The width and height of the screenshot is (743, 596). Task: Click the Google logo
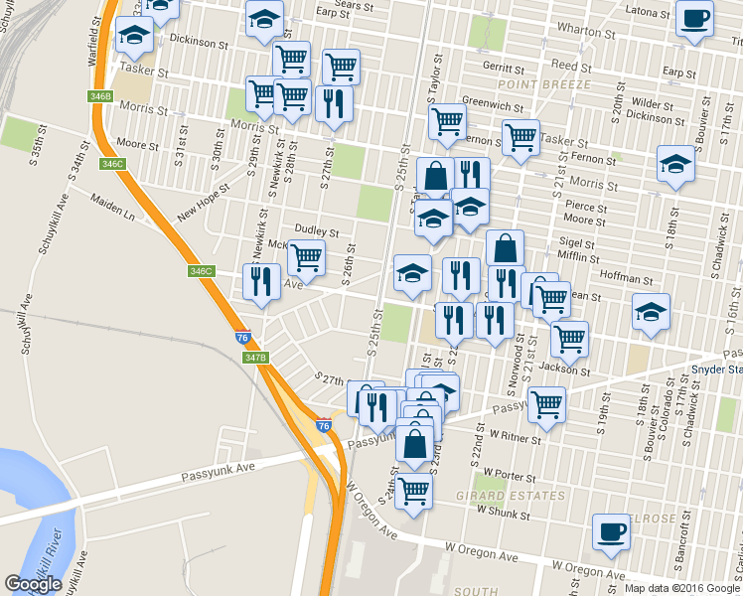click(33, 584)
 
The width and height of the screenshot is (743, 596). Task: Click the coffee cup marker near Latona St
click(694, 18)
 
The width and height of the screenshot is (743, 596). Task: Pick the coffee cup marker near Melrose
click(611, 531)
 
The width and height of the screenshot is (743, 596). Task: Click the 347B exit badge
click(256, 357)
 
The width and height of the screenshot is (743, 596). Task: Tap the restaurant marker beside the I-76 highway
click(261, 281)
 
